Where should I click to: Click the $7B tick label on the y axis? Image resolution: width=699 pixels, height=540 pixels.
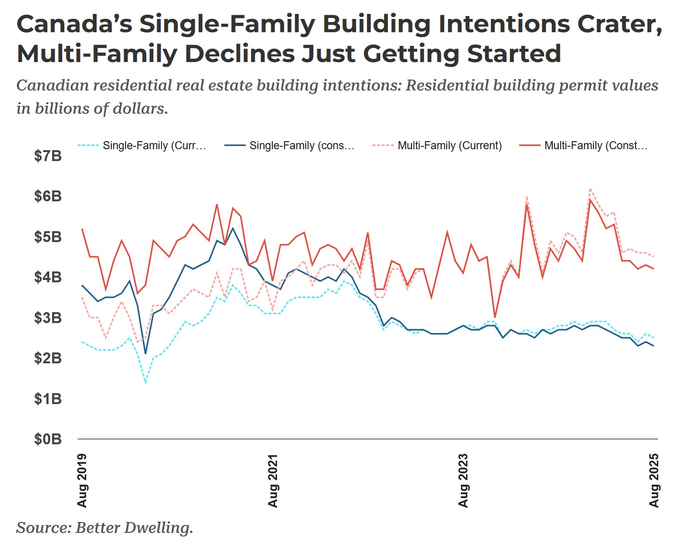click(x=48, y=156)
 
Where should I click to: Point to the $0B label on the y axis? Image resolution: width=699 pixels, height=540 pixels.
click(x=48, y=439)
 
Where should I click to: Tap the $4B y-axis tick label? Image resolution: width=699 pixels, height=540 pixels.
click(x=48, y=277)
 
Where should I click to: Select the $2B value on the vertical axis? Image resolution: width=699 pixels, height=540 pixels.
click(x=48, y=358)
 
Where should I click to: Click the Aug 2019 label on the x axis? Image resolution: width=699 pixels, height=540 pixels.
click(x=82, y=481)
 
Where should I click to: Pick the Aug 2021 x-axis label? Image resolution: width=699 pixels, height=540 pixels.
click(x=273, y=481)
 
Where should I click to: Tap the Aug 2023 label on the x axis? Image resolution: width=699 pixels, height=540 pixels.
click(x=463, y=481)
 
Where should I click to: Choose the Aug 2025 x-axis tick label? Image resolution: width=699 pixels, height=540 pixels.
click(x=654, y=481)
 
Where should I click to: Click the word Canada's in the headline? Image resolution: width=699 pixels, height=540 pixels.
click(x=74, y=24)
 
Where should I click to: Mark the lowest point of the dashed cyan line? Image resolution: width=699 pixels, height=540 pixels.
click(x=145, y=382)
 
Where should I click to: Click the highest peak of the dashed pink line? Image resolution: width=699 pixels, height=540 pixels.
click(x=590, y=189)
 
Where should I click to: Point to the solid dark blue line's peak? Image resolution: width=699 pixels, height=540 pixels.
click(x=233, y=228)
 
